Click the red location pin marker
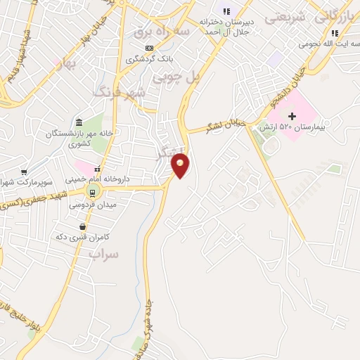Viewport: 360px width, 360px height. coord(181,165)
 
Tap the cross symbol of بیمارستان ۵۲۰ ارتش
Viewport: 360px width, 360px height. coord(292,115)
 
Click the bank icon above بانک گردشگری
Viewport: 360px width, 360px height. coord(148,48)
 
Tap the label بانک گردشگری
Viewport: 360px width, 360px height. coord(149,60)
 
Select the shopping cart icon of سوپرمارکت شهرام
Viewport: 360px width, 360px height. coord(25,172)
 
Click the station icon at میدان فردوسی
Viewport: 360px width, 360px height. coord(91,191)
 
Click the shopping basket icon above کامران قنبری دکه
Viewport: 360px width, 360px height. coord(84,226)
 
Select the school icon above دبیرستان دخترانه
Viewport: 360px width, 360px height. coord(226,11)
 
